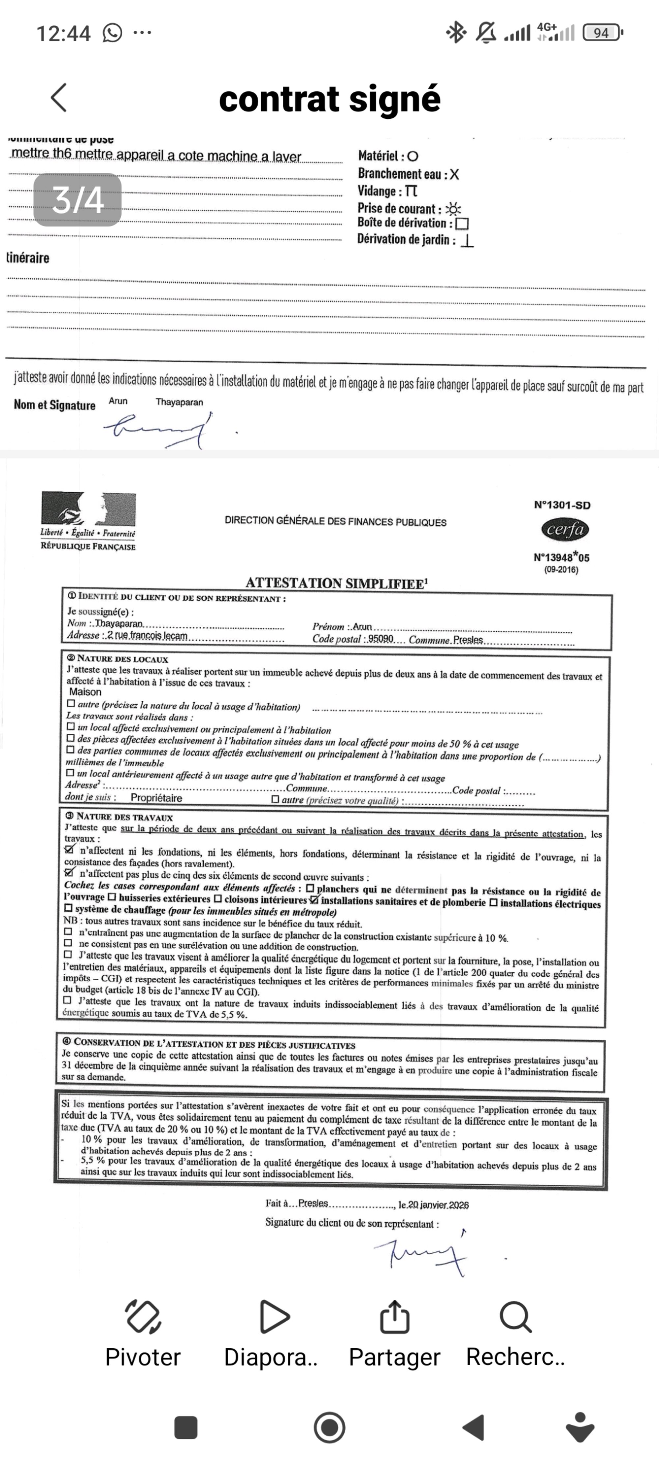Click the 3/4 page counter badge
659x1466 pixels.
click(x=77, y=200)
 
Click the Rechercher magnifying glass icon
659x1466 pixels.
click(x=515, y=1316)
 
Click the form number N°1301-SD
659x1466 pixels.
click(x=562, y=505)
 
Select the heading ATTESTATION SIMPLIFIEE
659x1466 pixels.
click(x=336, y=583)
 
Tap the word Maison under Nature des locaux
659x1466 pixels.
click(x=85, y=692)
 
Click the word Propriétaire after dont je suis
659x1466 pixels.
click(x=157, y=798)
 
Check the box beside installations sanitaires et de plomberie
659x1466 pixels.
click(x=314, y=900)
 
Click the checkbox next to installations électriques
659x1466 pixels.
click(x=494, y=902)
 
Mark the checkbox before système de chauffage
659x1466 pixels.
click(x=69, y=909)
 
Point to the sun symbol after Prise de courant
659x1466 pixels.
click(x=453, y=208)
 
